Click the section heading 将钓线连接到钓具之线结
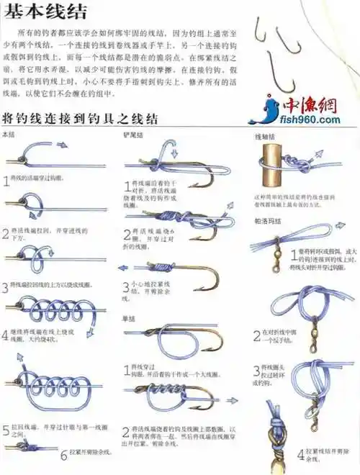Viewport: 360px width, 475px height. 81,118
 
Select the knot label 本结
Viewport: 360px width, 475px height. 9,135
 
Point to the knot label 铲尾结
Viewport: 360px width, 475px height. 133,135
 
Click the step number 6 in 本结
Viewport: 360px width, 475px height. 63,455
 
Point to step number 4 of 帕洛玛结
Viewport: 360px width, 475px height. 301,454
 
